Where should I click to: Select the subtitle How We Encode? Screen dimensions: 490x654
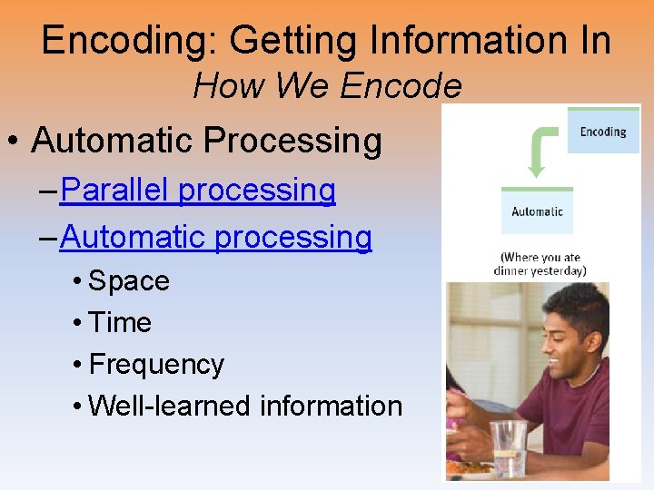pos(327,87)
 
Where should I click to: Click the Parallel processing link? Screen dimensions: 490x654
pos(198,191)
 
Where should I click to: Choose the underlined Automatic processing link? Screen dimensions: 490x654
pos(216,238)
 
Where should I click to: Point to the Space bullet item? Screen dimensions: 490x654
pos(129,281)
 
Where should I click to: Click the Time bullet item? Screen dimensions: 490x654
pos(120,323)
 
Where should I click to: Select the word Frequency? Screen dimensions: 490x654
pos(156,365)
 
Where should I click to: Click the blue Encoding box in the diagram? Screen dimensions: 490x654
pos(603,132)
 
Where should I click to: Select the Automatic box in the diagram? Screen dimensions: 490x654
pos(537,212)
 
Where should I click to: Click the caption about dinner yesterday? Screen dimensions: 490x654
pos(540,264)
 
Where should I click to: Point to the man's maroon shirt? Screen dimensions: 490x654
pos(572,408)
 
